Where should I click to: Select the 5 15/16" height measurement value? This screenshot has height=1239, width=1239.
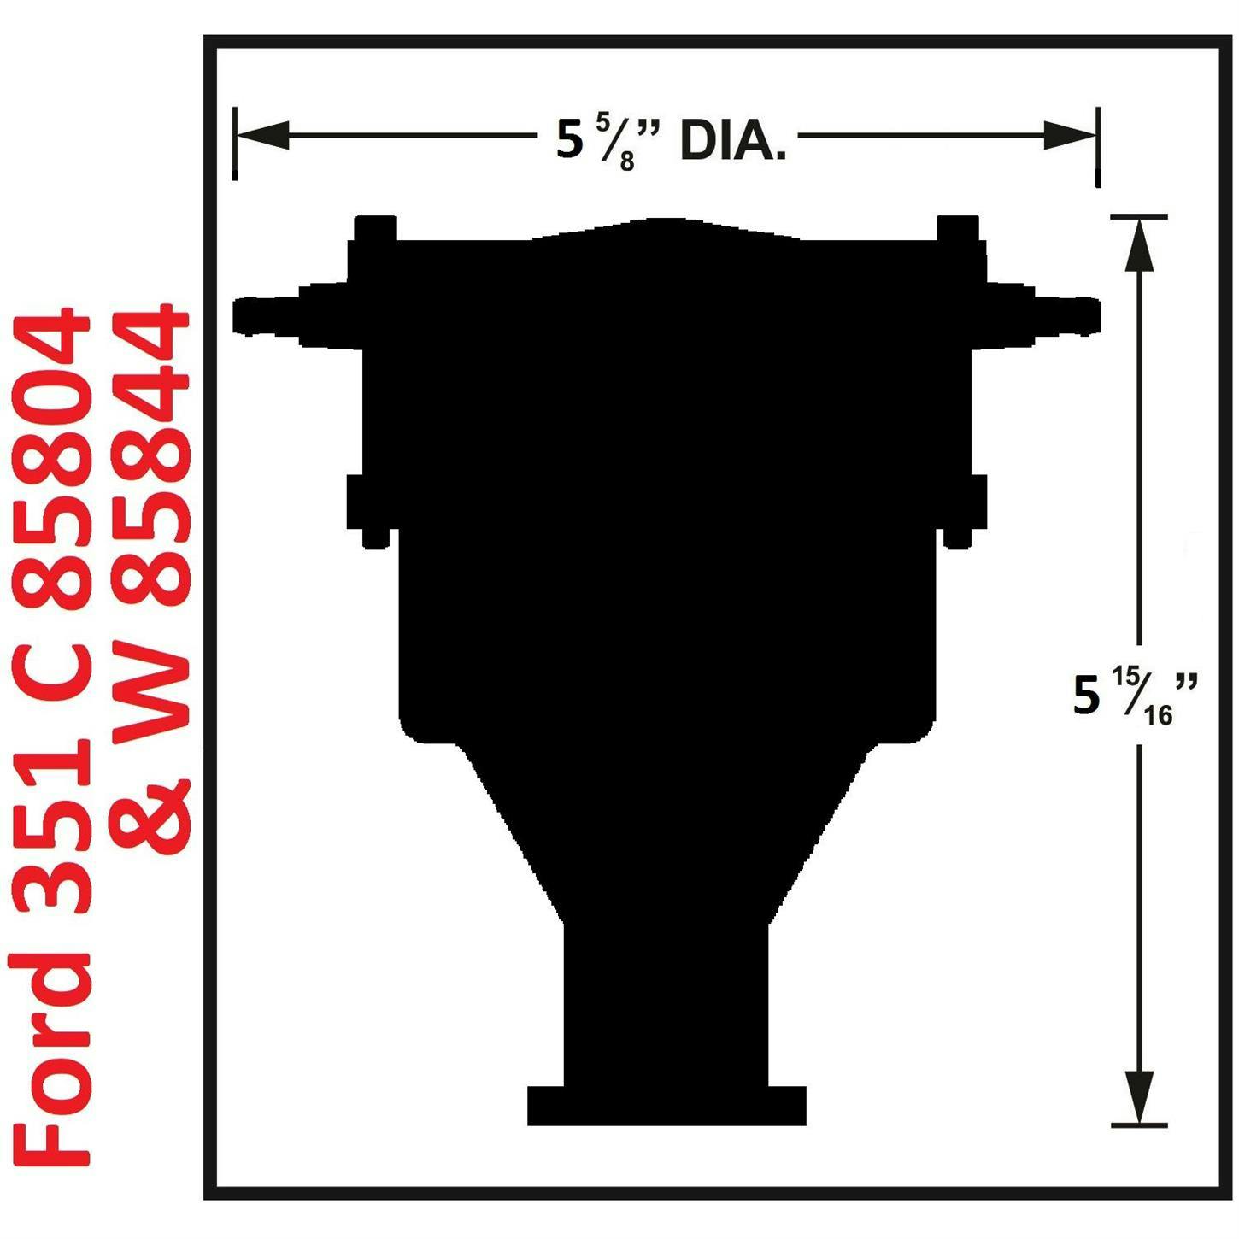pos(1133,696)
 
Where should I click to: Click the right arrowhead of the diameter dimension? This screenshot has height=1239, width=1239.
pos(1070,135)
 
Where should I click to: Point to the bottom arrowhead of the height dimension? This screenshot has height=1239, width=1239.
pos(1139,1097)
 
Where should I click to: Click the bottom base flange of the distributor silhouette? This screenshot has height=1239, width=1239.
pos(666,1106)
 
